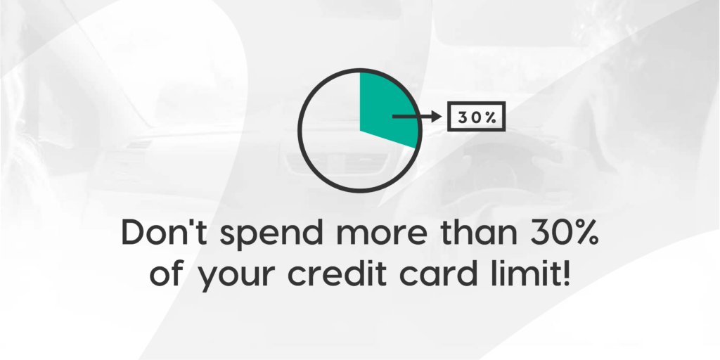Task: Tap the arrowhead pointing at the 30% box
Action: (435, 117)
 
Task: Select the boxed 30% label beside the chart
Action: (477, 117)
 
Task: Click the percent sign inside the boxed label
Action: (491, 117)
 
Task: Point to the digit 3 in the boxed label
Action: (463, 117)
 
